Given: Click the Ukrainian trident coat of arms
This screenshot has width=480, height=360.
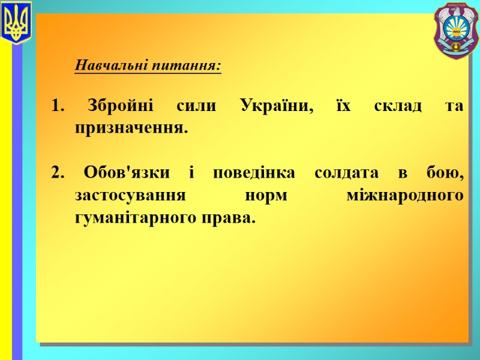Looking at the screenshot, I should [x=16, y=23].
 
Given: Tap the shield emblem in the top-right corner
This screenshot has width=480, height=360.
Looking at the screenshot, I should [x=456, y=30].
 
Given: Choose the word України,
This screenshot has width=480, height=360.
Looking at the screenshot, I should [x=277, y=107].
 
